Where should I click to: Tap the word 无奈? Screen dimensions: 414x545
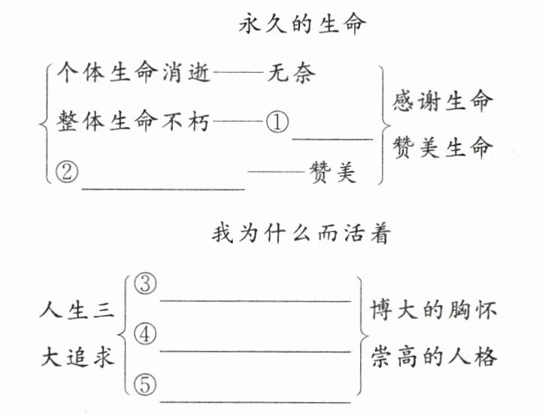tap(292, 74)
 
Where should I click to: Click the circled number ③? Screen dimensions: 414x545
tap(144, 283)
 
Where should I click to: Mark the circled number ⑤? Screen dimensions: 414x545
tap(144, 385)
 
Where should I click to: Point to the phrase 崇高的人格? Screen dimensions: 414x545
tap(433, 357)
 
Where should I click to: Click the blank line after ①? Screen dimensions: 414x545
tap(332, 138)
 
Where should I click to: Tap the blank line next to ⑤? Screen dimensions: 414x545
tap(256, 402)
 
